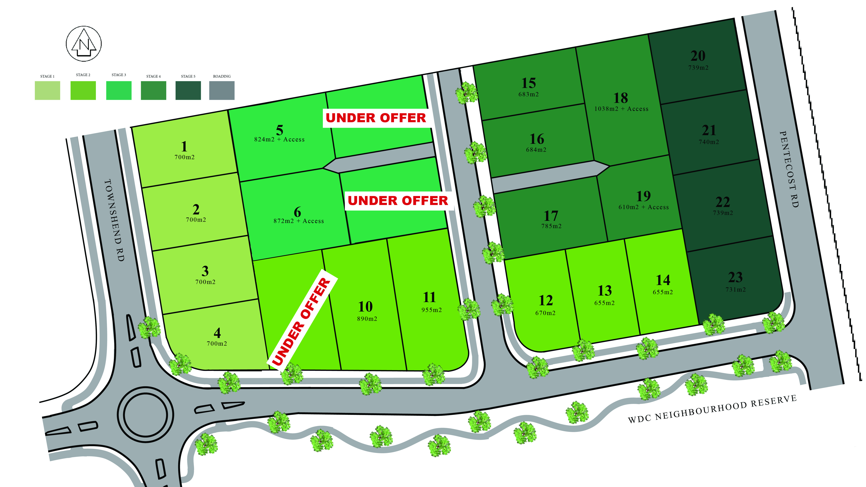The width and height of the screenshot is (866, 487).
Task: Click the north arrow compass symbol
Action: click(x=84, y=44)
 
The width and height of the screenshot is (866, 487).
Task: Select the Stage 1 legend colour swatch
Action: click(x=47, y=90)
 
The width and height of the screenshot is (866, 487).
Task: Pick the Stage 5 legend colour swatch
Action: click(x=188, y=90)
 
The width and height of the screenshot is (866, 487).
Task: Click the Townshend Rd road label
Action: click(x=114, y=220)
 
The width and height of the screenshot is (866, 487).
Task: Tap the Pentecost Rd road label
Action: click(x=789, y=169)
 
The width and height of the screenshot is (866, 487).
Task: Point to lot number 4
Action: click(x=217, y=333)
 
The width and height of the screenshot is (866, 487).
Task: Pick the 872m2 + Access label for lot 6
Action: click(x=299, y=221)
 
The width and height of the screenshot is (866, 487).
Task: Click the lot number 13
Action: click(x=604, y=291)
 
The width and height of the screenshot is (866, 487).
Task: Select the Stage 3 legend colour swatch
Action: click(x=119, y=90)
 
